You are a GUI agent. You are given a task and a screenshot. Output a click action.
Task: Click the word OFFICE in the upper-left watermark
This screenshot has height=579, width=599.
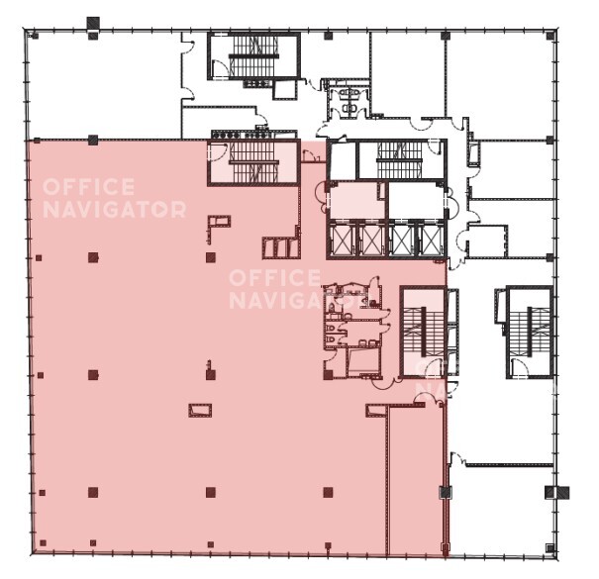(x=89, y=186)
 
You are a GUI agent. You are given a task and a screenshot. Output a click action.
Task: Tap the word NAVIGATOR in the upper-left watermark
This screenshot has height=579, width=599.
(x=115, y=209)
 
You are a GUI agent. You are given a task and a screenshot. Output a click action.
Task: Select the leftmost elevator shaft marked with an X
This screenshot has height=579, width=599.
(x=342, y=241)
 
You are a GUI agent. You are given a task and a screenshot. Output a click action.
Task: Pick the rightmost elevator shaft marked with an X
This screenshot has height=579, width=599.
(x=430, y=241)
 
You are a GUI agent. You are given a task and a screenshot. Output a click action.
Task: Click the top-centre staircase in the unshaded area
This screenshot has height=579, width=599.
(x=253, y=56)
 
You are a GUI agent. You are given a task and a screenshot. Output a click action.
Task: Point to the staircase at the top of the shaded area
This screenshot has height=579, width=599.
(x=253, y=162)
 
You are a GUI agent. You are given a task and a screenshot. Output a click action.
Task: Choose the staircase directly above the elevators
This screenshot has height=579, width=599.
(x=401, y=160)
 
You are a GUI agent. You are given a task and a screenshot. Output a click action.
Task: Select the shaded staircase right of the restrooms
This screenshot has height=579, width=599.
(x=423, y=331)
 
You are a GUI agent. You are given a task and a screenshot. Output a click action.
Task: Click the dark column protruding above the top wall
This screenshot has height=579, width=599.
(x=93, y=24)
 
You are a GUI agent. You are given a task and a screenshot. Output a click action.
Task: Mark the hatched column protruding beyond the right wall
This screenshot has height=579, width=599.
(x=557, y=493)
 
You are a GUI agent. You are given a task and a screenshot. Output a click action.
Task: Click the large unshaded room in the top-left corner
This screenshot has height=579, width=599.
(x=104, y=85)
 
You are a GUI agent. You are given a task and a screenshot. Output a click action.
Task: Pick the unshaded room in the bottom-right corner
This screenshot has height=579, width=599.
(x=501, y=511)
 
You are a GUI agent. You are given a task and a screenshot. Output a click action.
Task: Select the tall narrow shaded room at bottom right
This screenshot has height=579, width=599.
(x=416, y=480)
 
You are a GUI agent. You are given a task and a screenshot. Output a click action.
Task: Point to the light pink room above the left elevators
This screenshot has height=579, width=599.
(x=356, y=200)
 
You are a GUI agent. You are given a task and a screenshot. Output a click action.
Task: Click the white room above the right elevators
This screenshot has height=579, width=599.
(x=417, y=200)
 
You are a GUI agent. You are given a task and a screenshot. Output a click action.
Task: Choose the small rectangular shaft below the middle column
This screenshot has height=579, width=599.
(x=200, y=410)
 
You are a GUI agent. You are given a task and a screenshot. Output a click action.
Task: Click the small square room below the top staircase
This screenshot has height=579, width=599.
(x=285, y=90)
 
